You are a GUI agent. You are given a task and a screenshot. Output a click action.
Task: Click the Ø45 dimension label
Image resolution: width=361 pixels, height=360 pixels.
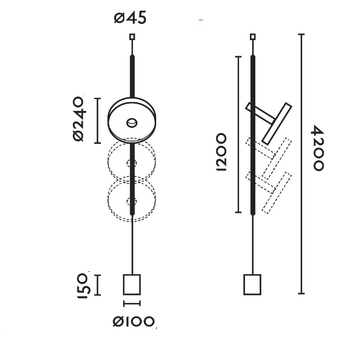tap(130, 17)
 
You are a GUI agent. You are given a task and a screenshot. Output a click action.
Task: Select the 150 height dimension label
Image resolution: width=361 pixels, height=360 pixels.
tap(83, 285)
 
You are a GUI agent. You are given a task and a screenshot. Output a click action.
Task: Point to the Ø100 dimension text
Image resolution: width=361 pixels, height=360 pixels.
tap(134, 322)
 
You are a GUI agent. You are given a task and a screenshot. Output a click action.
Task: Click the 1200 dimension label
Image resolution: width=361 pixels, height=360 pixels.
tap(220, 152)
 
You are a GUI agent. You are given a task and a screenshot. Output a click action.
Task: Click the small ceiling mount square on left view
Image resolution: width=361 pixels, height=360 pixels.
tap(132, 37)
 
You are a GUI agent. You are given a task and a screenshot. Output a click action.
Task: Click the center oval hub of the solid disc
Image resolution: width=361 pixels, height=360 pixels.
tap(132, 122)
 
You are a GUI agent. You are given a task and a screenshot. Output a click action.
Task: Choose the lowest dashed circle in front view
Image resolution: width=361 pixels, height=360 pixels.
tap(132, 199)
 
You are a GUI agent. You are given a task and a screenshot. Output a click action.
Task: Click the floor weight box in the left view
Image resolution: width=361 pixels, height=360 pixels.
tap(132, 284)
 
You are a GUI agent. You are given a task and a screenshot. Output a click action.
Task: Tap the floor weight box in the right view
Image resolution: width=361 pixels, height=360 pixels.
tap(252, 284)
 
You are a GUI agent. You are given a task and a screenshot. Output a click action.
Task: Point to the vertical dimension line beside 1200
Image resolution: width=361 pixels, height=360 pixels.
tap(239, 134)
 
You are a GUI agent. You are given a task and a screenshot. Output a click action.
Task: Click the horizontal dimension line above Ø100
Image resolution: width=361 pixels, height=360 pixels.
tap(132, 304)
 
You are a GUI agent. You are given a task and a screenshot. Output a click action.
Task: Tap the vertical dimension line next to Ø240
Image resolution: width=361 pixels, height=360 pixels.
tap(98, 119)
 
